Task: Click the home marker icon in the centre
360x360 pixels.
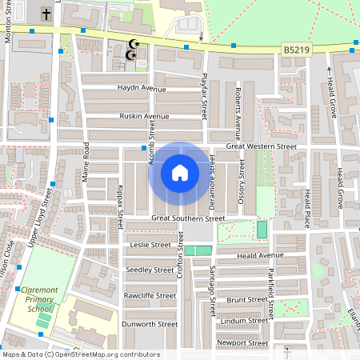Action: coord(180,172)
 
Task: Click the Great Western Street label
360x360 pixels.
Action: coord(261,147)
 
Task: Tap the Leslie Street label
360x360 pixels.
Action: coord(150,245)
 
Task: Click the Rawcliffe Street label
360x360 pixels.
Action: coord(149,295)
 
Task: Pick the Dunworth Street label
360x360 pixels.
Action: coord(150,324)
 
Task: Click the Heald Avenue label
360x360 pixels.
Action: coord(261,255)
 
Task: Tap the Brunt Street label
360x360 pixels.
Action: coord(246,299)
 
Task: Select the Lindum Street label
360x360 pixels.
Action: coord(244,321)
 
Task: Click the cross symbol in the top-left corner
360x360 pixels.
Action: coord(46,14)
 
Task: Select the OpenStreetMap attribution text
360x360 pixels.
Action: coord(80,354)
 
